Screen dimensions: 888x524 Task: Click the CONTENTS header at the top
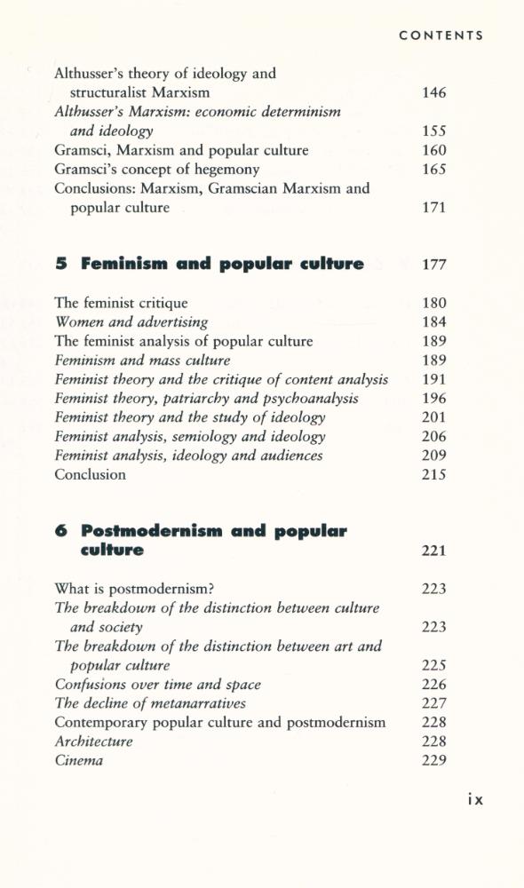441,36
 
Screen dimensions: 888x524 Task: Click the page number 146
433,93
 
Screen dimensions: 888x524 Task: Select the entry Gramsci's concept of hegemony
156,170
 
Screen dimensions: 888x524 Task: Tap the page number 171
433,209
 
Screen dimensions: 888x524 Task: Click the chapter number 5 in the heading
60,264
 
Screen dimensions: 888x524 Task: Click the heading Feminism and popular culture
222,264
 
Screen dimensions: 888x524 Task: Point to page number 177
433,265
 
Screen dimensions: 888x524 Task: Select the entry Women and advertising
131,322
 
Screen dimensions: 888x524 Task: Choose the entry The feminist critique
121,304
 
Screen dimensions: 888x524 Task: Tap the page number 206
433,437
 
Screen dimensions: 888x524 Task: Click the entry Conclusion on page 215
90,475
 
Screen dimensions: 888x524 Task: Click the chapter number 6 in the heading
60,531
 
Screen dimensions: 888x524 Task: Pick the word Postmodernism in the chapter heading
152,531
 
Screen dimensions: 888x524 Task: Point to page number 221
433,551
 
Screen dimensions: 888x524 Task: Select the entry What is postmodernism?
136,589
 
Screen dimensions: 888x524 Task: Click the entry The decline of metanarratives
150,703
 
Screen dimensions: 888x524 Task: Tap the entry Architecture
93,741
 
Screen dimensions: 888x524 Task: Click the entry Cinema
78,761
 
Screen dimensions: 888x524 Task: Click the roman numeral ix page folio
474,799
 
